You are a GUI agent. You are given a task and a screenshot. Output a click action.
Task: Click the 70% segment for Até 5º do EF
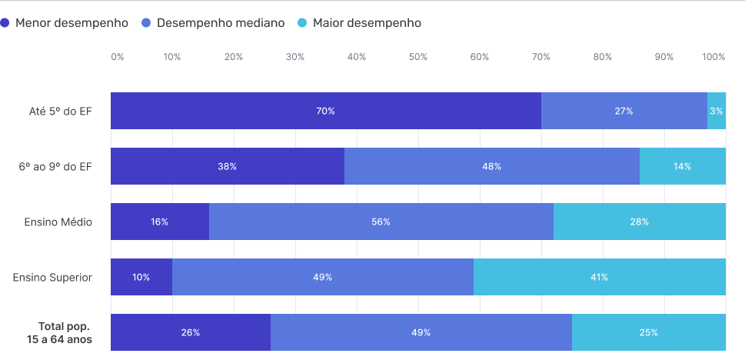click(325, 111)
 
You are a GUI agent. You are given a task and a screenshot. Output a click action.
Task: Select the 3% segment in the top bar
click(716, 111)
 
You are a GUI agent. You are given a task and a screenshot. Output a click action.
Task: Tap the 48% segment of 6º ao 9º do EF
click(491, 166)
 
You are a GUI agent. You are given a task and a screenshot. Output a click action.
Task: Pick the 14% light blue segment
click(682, 166)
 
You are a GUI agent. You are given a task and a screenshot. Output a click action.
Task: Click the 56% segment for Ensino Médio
click(381, 222)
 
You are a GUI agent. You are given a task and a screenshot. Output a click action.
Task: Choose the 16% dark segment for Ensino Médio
click(159, 222)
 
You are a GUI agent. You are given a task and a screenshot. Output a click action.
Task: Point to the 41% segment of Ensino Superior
click(599, 277)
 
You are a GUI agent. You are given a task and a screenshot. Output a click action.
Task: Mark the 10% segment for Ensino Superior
click(141, 277)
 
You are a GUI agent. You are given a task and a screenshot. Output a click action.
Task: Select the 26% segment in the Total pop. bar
click(190, 332)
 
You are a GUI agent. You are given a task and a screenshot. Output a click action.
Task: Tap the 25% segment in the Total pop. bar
click(648, 332)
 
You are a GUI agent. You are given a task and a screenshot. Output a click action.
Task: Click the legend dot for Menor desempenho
click(7, 23)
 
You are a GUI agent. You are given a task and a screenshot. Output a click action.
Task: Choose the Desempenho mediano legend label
click(221, 23)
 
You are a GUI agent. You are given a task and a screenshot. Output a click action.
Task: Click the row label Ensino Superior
click(52, 277)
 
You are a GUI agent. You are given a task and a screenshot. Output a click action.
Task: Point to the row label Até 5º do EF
click(60, 111)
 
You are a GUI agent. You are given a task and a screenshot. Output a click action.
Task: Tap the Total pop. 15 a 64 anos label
click(60, 332)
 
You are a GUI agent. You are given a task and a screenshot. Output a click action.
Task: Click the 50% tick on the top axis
click(417, 57)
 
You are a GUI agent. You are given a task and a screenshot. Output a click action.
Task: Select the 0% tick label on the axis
click(117, 57)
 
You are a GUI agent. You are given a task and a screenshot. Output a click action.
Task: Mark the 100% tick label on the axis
click(713, 57)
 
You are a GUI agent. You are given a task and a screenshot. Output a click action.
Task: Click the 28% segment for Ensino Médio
click(639, 222)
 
